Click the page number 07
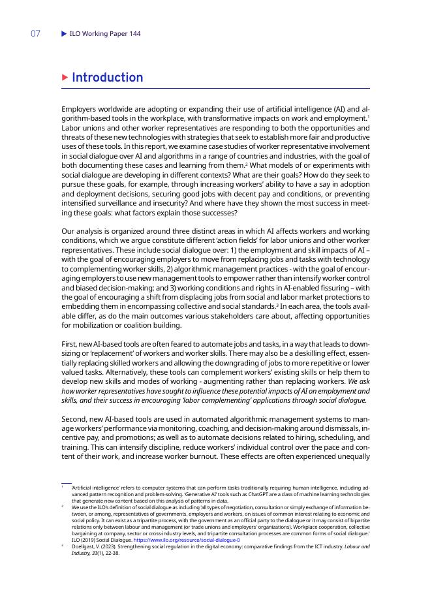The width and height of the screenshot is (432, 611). pyautogui.click(x=36, y=34)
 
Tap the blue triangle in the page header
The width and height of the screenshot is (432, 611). pyautogui.click(x=64, y=34)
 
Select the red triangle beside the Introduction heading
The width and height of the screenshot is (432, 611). pyautogui.click(x=65, y=78)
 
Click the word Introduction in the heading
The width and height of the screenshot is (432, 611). pyautogui.click(x=108, y=78)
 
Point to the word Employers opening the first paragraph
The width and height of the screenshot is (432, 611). pyautogui.click(x=82, y=108)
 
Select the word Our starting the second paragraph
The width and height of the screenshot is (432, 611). pyautogui.click(x=69, y=231)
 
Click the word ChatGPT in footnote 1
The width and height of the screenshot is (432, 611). pyautogui.click(x=241, y=494)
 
